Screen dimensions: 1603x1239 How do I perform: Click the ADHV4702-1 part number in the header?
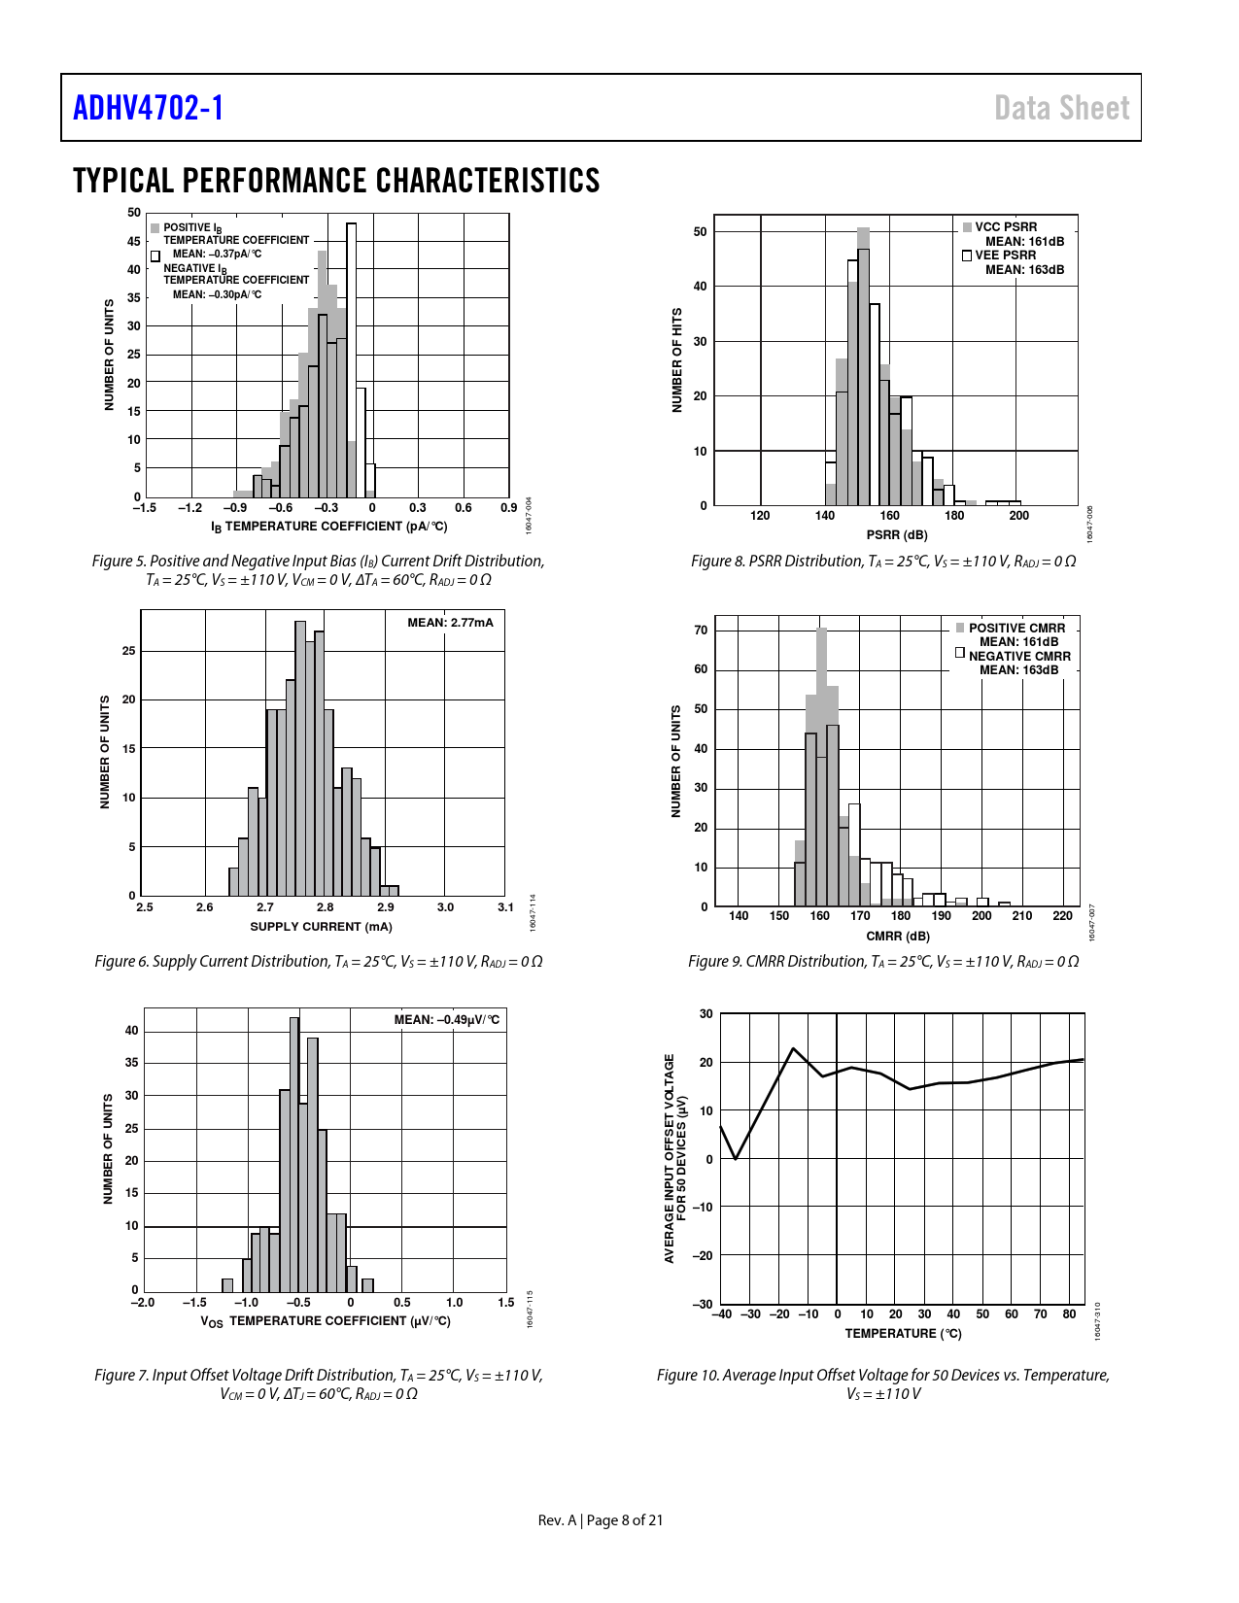[149, 108]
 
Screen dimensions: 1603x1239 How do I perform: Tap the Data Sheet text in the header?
[1061, 108]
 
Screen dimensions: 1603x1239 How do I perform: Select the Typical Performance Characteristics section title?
[336, 181]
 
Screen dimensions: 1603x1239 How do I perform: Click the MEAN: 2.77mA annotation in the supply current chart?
[450, 623]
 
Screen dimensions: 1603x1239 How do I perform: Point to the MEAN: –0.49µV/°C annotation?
[446, 1019]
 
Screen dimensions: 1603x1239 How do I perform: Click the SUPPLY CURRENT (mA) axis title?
[321, 927]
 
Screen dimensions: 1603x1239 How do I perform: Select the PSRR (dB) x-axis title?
[896, 535]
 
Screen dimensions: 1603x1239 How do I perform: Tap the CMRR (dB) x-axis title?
[897, 937]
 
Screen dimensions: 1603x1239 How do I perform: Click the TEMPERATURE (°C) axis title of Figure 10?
[903, 1334]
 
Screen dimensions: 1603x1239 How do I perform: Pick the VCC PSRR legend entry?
[1005, 227]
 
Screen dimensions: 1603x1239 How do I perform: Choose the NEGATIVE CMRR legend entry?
[1018, 657]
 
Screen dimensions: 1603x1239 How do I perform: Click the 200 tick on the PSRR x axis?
[1018, 516]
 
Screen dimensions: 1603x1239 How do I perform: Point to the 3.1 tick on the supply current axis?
[505, 907]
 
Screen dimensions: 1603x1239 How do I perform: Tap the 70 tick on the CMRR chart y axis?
[701, 631]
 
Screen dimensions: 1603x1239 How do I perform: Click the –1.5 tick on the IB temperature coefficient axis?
[144, 508]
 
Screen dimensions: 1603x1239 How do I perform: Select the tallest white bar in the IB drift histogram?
[351, 359]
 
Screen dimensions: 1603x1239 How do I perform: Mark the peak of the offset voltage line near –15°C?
[794, 1049]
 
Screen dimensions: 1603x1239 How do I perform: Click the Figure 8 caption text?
[882, 562]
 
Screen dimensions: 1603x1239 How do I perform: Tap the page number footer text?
[601, 1520]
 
